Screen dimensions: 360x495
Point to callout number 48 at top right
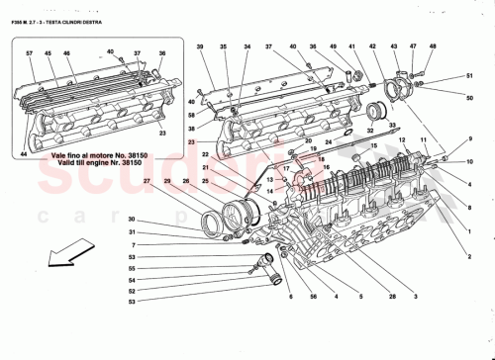click(433, 46)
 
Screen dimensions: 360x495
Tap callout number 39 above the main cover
click(198, 46)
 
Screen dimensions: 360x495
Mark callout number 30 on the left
click(130, 220)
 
